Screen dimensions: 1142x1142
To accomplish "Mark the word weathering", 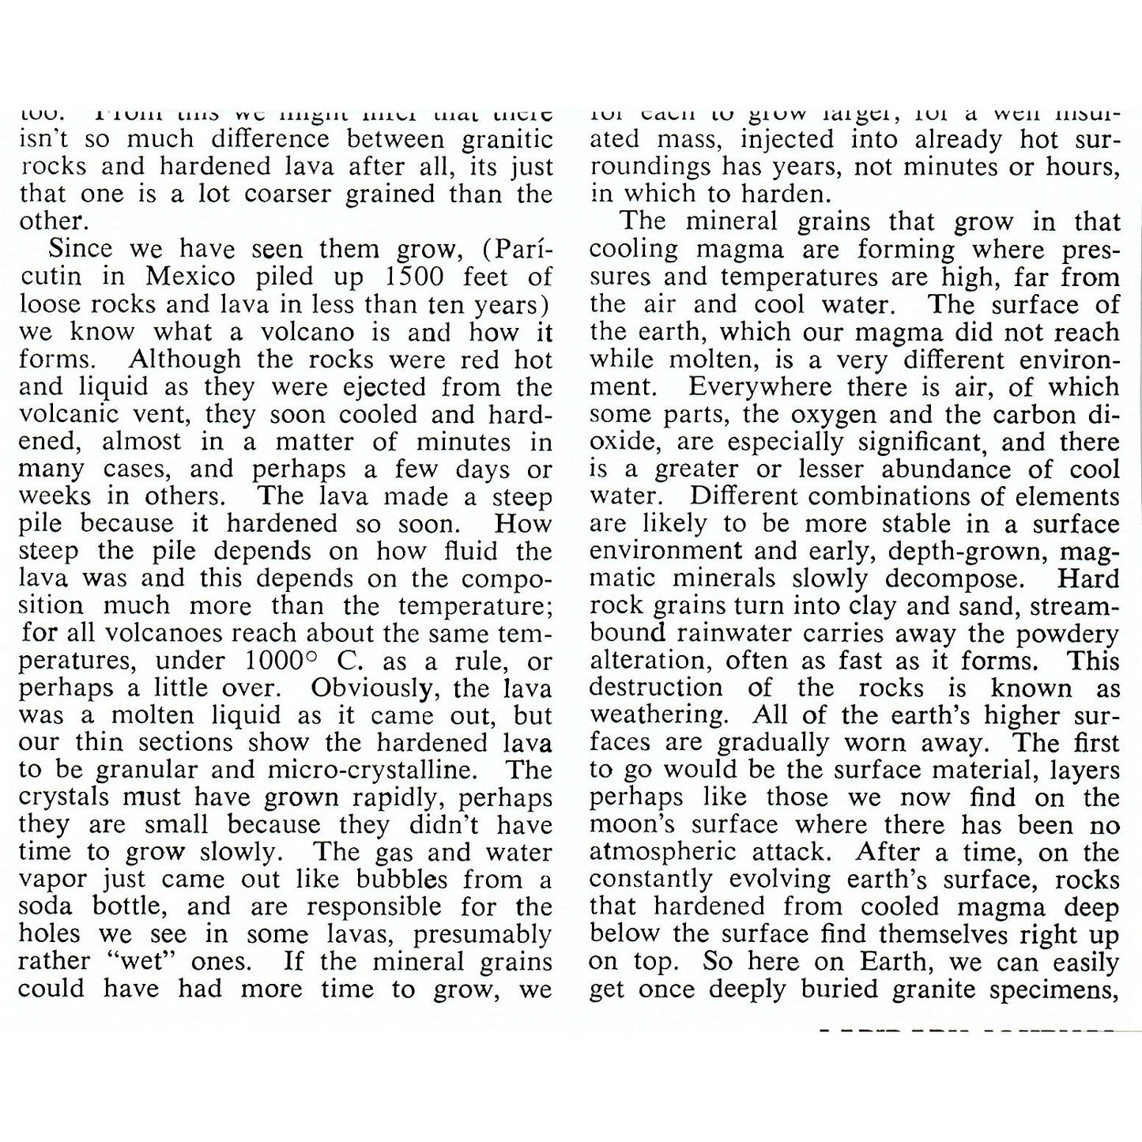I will [657, 716].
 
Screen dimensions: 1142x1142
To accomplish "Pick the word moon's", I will [632, 825].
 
